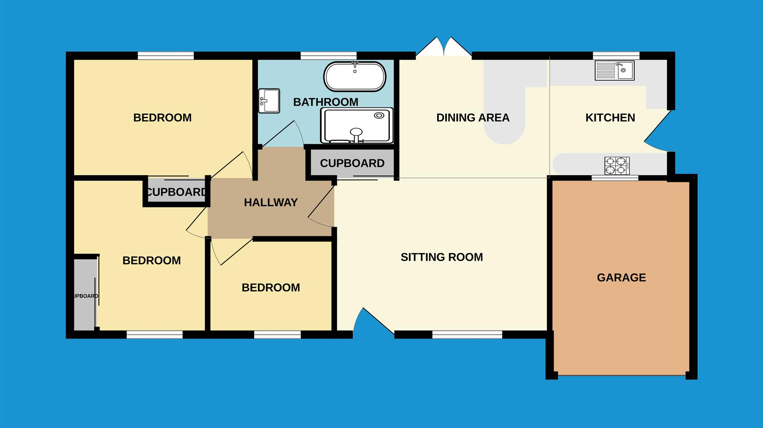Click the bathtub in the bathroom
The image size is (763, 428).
(354, 77)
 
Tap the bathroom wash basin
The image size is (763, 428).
(269, 101)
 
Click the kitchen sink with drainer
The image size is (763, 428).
(614, 70)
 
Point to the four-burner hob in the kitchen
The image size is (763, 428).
(617, 166)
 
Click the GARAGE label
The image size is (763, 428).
(622, 277)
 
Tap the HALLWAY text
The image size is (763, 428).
(271, 203)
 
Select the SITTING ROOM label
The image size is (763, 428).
(442, 257)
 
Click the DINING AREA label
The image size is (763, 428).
(473, 118)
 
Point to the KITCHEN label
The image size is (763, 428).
(610, 118)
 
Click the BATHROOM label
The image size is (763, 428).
(326, 102)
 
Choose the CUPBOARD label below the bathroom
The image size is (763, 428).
(352, 163)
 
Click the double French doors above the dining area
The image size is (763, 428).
(444, 47)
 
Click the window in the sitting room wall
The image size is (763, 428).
(467, 335)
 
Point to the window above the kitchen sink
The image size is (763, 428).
(616, 56)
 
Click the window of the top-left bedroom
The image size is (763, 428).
(166, 56)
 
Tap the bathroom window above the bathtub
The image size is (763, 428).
(328, 56)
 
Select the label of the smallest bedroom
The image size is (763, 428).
(271, 288)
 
